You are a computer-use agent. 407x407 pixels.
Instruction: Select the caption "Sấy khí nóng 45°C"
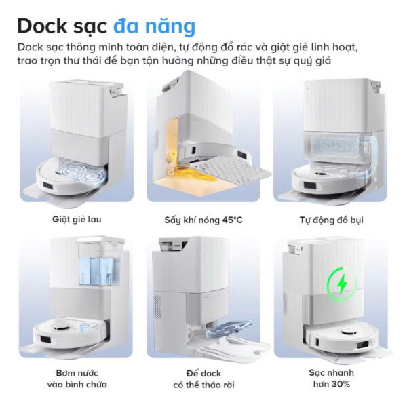tap(203, 220)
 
